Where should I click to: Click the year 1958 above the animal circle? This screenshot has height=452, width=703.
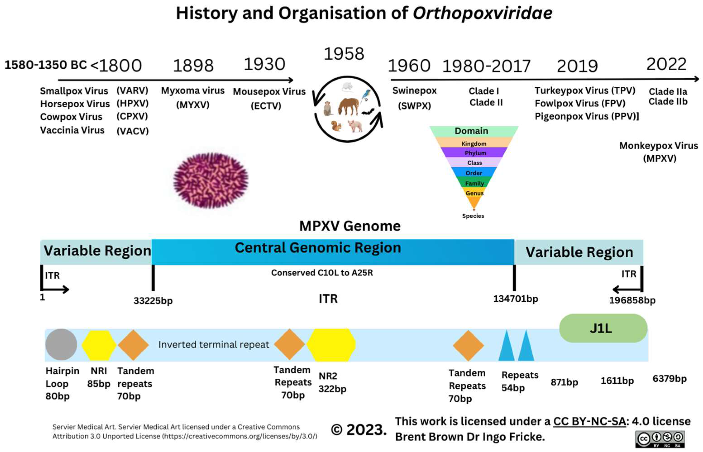tap(344, 54)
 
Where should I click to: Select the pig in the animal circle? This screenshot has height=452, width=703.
tap(355, 126)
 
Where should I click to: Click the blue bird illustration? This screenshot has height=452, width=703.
tap(366, 95)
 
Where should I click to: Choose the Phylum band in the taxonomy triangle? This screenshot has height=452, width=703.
tap(475, 153)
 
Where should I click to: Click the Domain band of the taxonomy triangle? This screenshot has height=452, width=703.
tap(471, 131)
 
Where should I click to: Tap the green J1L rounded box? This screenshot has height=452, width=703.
tap(603, 328)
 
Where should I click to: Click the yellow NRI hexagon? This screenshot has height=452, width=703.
tap(99, 345)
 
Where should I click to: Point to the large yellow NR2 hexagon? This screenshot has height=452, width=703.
tap(331, 345)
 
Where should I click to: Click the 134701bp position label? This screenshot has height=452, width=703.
tap(515, 299)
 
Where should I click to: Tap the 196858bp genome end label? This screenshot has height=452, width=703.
tap(632, 300)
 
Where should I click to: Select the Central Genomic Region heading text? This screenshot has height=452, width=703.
tap(318, 248)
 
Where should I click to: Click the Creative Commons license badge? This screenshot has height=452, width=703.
tap(660, 439)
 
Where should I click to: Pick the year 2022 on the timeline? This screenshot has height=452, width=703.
tap(666, 64)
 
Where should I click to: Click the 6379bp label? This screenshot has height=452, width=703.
tap(669, 379)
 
